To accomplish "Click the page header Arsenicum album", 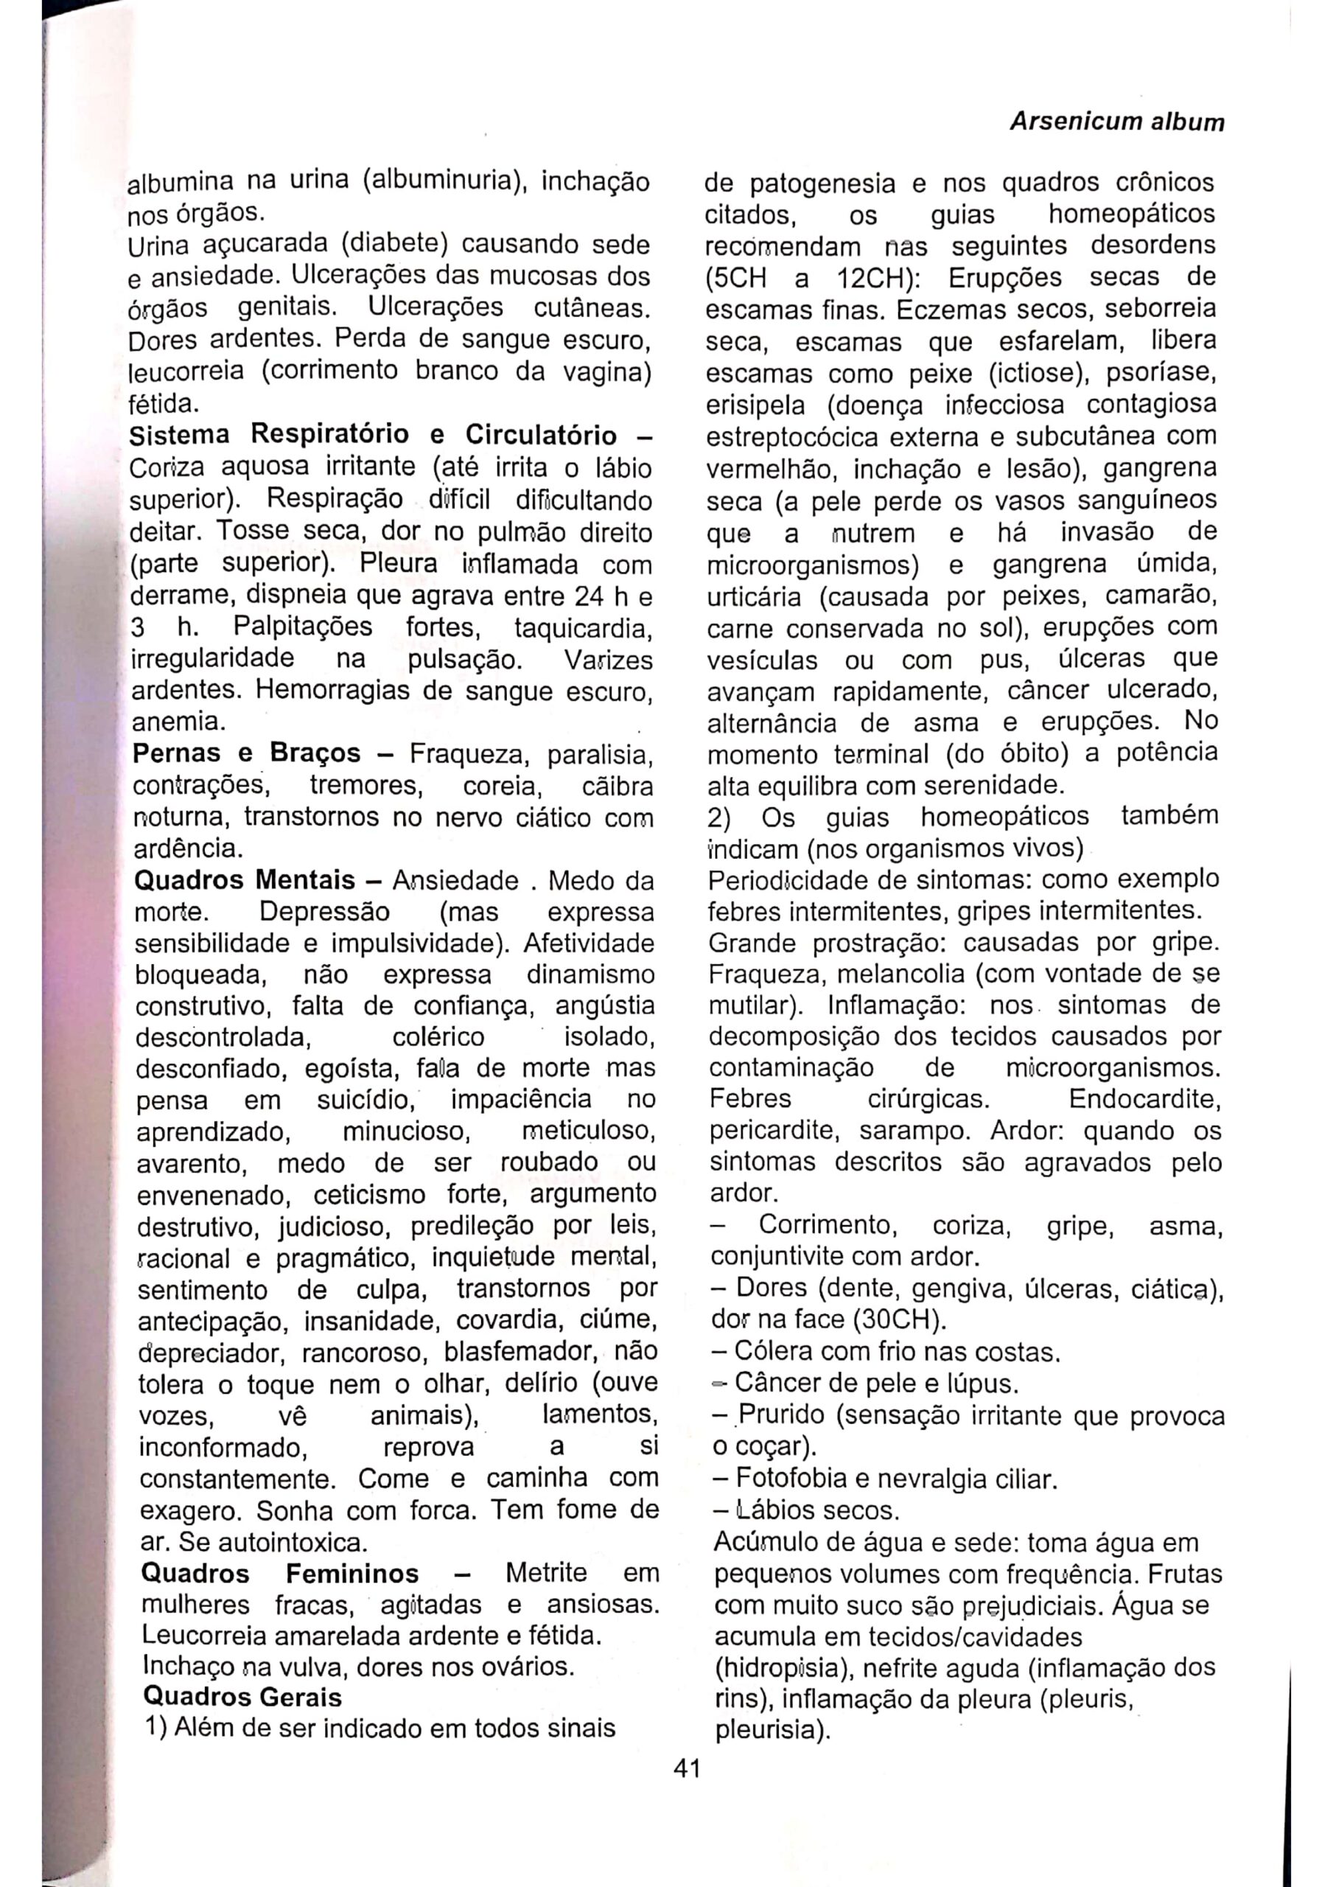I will [x=1116, y=122].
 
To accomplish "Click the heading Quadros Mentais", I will [x=244, y=880].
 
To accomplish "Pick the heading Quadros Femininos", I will [x=279, y=1573].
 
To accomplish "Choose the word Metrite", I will [x=547, y=1573].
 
